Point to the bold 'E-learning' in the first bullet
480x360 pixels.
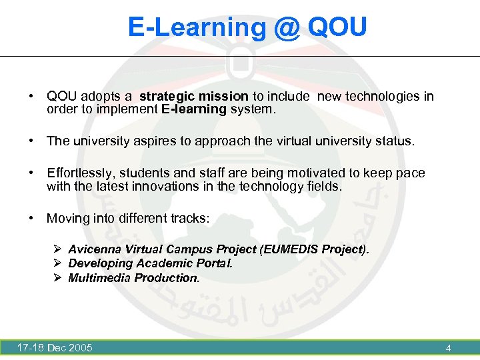coord(194,109)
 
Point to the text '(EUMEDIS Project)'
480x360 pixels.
coord(315,249)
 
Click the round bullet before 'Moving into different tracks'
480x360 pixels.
coord(31,218)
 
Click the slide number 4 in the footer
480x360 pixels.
coord(448,348)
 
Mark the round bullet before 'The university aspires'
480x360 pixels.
coord(31,141)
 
